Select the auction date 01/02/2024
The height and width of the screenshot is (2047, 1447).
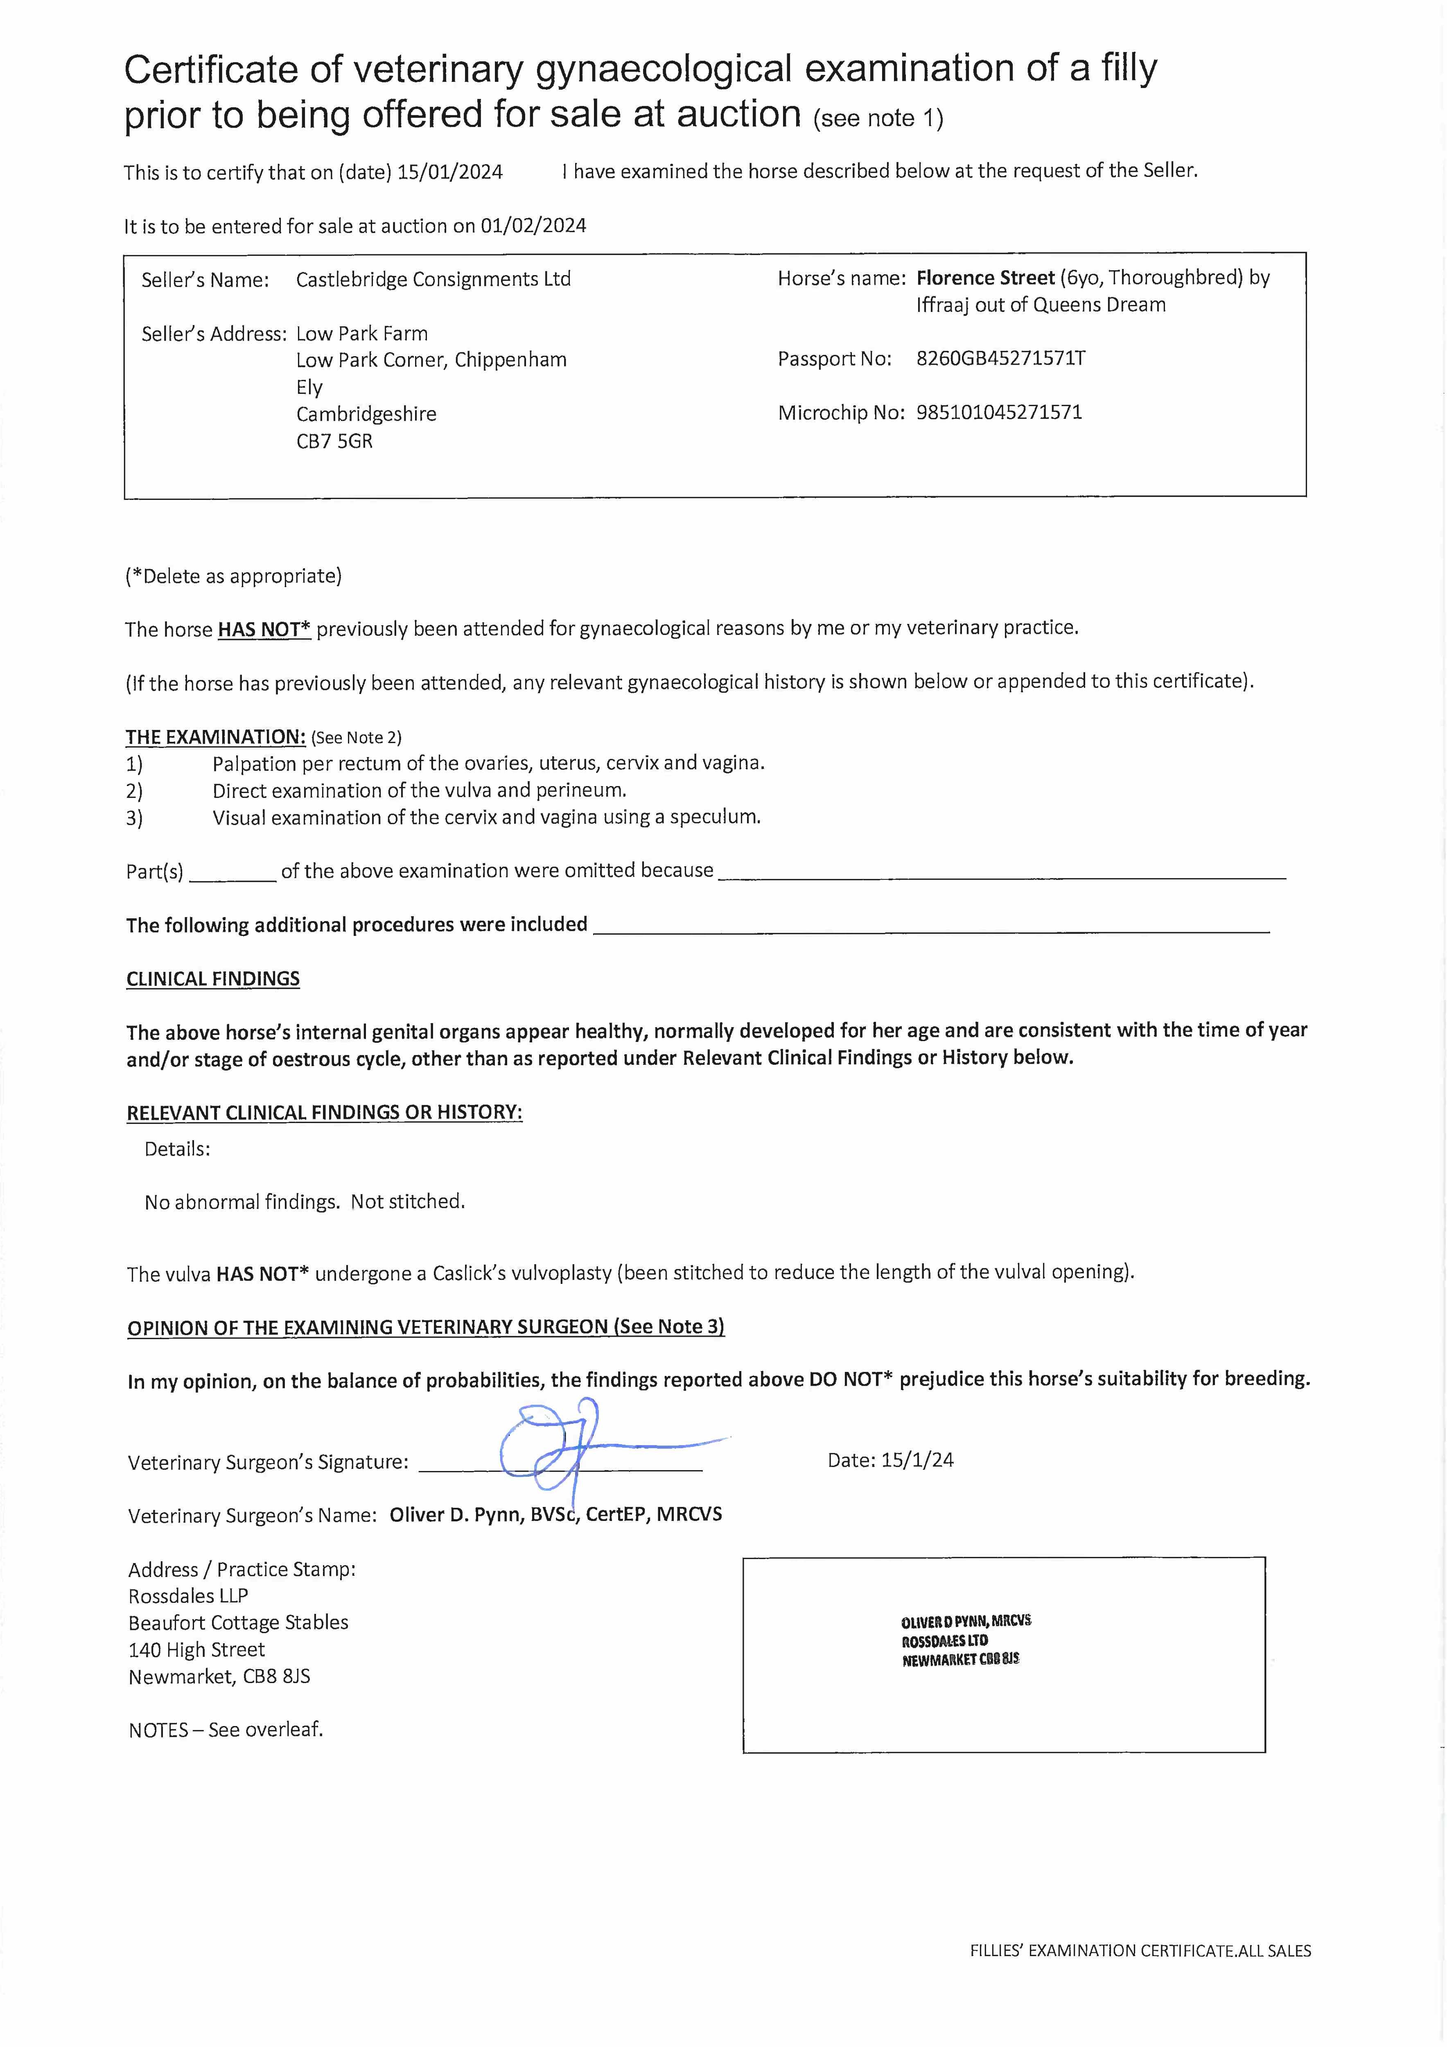tap(533, 226)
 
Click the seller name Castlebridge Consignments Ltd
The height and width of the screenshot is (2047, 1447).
tap(433, 279)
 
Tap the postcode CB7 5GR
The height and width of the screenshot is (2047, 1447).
tap(334, 441)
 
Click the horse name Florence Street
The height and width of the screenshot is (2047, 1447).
tap(985, 278)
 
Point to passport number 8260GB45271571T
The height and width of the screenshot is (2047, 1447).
tap(1000, 358)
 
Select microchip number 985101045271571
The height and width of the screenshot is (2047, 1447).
tap(998, 412)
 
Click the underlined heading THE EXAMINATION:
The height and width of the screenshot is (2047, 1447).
tap(215, 737)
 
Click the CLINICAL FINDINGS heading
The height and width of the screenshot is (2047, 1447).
tap(213, 979)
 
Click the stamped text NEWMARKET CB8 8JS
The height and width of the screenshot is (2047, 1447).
tap(960, 1660)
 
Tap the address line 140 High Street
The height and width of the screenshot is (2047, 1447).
tap(196, 1650)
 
